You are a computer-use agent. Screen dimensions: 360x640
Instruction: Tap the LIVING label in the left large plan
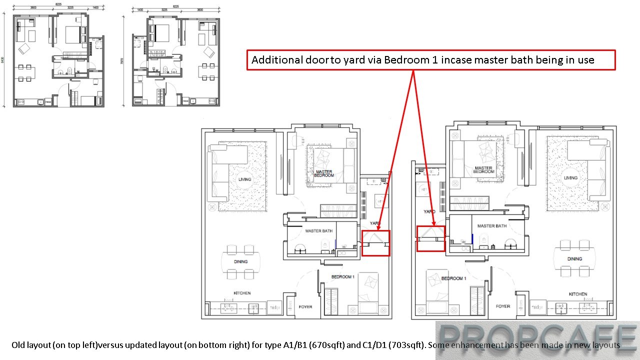tap(244, 179)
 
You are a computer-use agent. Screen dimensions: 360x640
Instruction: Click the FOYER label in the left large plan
tap(305, 307)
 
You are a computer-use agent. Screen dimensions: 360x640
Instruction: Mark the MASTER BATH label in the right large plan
tap(492, 226)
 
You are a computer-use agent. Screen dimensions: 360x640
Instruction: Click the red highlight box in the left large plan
tap(375, 243)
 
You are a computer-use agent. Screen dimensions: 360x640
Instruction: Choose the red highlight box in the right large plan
tap(430, 238)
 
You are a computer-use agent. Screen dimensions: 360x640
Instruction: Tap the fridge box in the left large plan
tap(274, 307)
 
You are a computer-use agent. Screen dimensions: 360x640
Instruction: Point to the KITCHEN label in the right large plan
tap(577, 294)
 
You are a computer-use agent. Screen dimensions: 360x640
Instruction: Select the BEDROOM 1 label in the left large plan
tap(342, 276)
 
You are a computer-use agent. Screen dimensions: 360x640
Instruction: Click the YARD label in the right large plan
tap(429, 211)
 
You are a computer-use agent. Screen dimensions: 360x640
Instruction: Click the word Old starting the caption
tap(18, 345)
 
